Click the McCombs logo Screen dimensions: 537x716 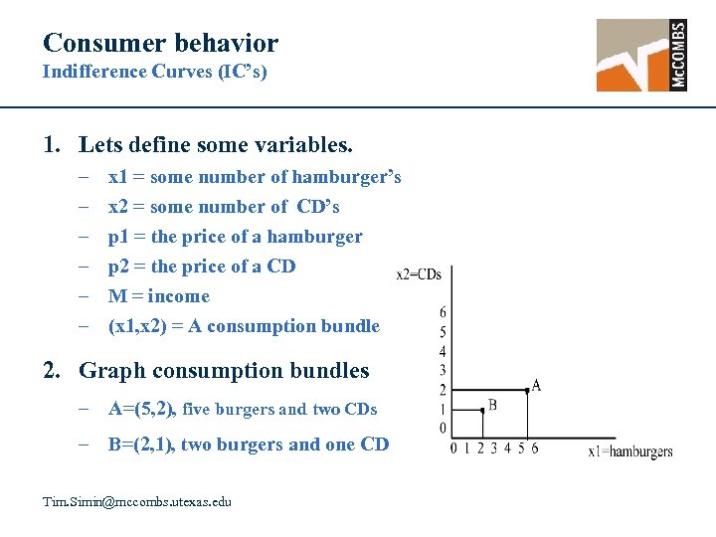pos(641,56)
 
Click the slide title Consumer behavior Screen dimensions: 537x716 pos(160,43)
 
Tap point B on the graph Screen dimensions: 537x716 pos(481,409)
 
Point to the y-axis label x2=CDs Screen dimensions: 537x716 pos(419,273)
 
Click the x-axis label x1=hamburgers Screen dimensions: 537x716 pos(630,451)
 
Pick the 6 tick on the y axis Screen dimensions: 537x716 pos(443,313)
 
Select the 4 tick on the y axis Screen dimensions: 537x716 pos(443,351)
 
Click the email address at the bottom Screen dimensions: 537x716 pos(137,501)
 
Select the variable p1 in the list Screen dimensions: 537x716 pos(118,237)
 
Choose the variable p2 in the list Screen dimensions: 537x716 pos(118,267)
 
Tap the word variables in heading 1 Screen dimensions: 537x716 pos(306,145)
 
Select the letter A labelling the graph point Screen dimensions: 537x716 pos(537,385)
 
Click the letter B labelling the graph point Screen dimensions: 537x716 pos(493,405)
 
